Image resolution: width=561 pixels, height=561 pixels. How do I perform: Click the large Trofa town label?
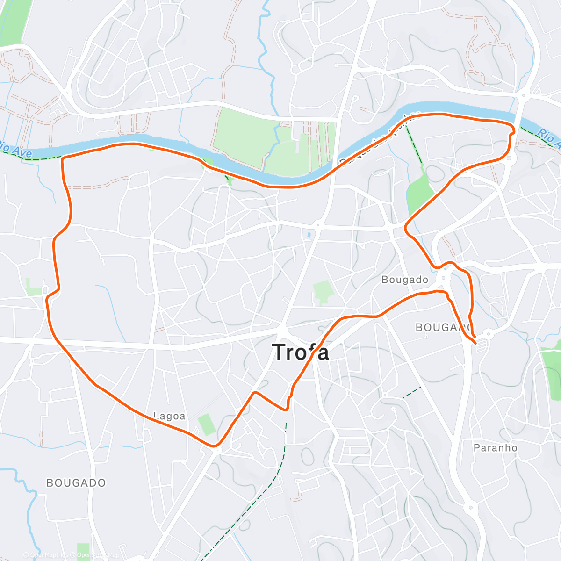[x=301, y=352]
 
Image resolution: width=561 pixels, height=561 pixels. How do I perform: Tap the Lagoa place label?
[x=169, y=416]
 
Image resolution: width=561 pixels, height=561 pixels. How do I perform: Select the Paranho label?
[x=496, y=448]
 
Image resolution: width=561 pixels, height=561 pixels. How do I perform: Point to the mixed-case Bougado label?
[x=405, y=280]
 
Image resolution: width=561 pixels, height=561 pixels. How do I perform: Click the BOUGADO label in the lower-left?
[x=76, y=482]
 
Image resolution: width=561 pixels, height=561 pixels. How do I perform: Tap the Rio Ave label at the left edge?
[x=16, y=149]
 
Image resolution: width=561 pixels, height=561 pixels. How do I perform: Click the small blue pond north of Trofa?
[x=309, y=235]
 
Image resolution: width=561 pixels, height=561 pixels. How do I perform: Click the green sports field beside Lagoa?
[x=206, y=424]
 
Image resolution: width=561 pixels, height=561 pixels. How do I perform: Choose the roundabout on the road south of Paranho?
[x=470, y=507]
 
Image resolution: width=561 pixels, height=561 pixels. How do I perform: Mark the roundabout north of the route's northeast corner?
[x=523, y=95]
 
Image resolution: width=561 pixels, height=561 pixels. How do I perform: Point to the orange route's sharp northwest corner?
[x=63, y=159]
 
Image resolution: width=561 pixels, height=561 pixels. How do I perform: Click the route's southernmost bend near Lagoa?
[x=215, y=446]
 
